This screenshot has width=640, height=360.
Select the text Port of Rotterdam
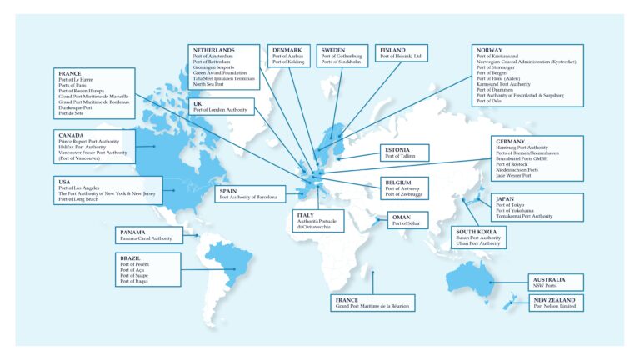coord(212,61)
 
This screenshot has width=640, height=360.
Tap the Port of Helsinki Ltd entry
coord(402,56)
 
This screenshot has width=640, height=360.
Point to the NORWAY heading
coord(490,49)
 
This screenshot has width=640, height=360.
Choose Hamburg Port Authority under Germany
coord(521,147)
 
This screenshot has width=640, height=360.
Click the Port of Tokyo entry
coord(511,204)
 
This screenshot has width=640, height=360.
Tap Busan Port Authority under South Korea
coord(478,237)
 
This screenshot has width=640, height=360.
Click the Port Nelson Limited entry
coord(556,306)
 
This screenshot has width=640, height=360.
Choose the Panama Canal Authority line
coord(146,237)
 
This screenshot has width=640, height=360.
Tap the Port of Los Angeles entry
coord(80,187)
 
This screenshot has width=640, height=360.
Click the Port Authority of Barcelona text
coord(247,197)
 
